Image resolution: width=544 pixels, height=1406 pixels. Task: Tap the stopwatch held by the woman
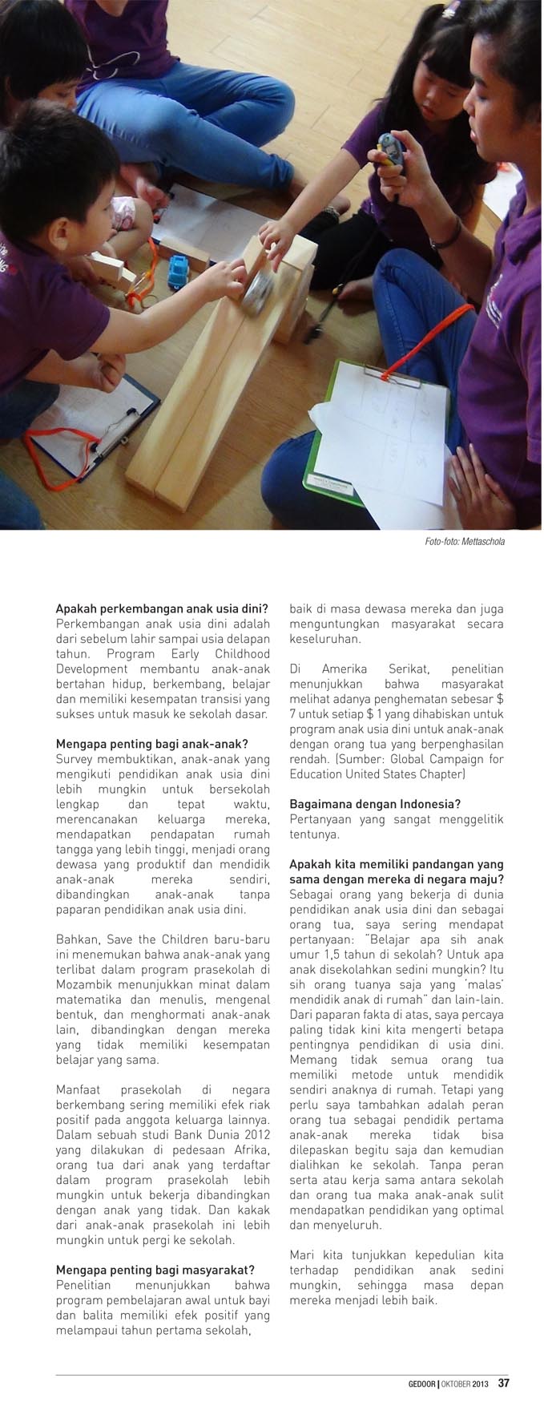click(x=387, y=149)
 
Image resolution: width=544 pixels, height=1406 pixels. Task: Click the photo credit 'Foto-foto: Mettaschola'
click(x=465, y=542)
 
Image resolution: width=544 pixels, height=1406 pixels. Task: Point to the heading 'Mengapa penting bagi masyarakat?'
click(x=155, y=1270)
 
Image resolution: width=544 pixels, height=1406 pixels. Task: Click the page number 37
click(x=504, y=1383)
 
